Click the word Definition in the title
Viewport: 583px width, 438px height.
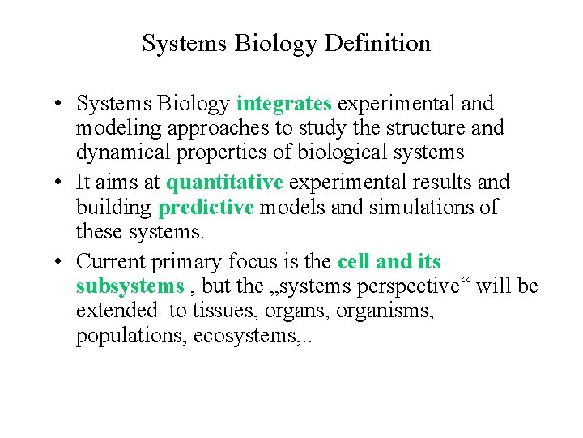(377, 44)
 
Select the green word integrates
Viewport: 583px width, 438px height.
(284, 104)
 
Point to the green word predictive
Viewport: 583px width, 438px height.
(206, 208)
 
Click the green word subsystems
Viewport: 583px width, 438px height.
(130, 286)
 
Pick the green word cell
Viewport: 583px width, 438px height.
(354, 262)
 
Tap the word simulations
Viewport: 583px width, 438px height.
(425, 208)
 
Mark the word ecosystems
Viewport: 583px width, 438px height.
(246, 336)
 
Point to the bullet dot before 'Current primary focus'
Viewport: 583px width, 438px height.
(62, 263)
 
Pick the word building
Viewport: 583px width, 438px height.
(113, 208)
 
